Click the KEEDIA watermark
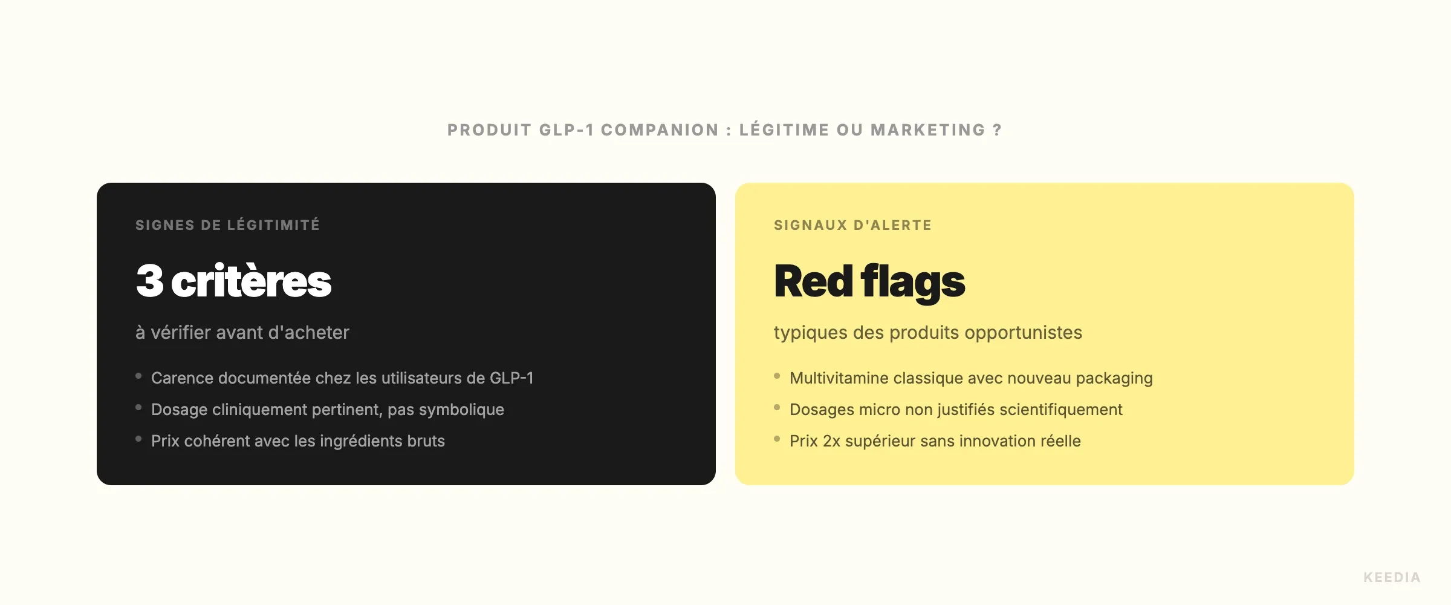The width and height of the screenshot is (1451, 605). pos(1392,577)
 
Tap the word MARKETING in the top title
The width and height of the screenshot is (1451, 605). pos(928,130)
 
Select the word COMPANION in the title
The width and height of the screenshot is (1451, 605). pos(660,130)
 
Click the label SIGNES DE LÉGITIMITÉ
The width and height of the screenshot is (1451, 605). pos(227,225)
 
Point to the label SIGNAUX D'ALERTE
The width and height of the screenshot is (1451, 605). pos(852,225)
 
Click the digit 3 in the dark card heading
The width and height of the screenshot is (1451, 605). pos(150,281)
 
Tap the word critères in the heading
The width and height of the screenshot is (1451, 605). pos(251,282)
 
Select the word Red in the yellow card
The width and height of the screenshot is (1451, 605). pos(813,281)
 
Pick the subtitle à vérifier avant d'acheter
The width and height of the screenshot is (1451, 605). pos(242,332)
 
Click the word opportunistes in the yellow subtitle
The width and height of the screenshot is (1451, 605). pos(1023,333)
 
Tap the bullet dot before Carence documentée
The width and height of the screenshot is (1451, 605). pos(138,376)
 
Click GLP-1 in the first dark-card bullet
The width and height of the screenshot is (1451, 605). pos(511,378)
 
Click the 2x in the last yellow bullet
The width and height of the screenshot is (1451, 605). pos(831,441)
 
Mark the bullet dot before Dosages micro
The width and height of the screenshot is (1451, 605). pos(777,408)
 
